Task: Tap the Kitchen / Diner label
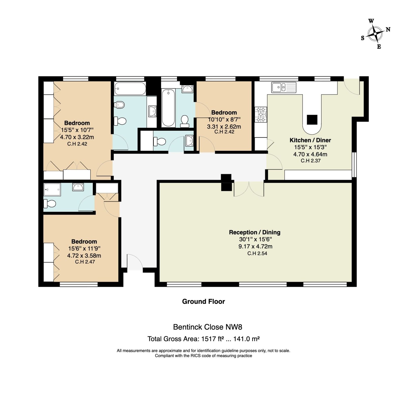310,140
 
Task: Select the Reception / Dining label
255,232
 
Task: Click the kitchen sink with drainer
284,87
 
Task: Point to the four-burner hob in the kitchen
261,114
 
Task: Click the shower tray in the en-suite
52,189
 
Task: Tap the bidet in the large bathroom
120,105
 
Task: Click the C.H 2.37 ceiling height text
310,161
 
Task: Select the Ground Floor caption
203,301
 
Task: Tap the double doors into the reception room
249,189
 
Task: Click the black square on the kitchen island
312,120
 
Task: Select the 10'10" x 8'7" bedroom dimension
224,119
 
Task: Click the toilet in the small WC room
160,141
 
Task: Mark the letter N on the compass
388,29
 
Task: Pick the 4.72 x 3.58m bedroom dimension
84,256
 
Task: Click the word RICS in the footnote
196,356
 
